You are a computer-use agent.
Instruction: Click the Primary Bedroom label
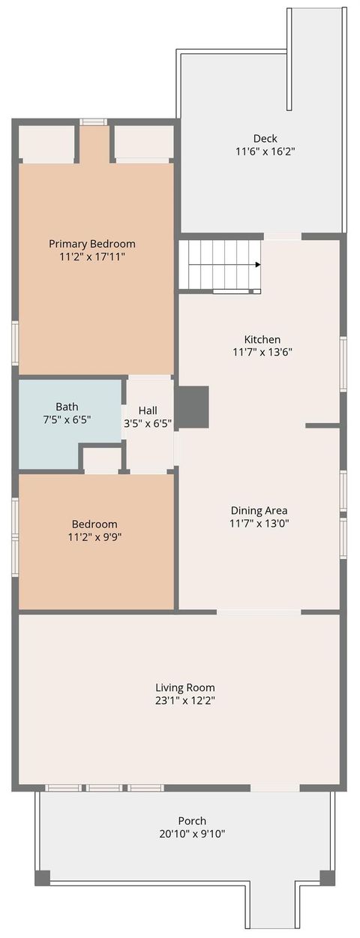[92, 244]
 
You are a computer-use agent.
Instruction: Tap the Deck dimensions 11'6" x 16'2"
[265, 152]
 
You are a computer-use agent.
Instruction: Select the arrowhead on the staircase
[257, 264]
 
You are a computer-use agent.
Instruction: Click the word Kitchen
[262, 339]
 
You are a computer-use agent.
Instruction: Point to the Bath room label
[67, 407]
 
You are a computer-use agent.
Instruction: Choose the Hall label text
[148, 410]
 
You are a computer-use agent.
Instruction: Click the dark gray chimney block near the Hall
[192, 407]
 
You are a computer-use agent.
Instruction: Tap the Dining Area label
[259, 511]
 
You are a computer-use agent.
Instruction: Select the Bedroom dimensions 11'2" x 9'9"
[94, 537]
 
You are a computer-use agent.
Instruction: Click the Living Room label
[185, 687]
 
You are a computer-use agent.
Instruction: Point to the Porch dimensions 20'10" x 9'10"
[192, 834]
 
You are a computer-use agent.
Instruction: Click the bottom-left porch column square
[43, 877]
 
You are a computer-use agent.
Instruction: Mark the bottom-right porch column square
[328, 877]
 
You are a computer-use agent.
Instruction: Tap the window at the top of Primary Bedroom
[94, 122]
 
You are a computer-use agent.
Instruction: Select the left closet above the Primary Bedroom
[46, 143]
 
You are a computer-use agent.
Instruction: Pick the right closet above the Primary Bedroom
[143, 143]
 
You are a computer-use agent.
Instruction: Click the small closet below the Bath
[101, 459]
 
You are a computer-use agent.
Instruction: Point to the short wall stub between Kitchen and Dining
[322, 425]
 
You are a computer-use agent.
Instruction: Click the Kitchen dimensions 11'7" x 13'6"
[262, 352]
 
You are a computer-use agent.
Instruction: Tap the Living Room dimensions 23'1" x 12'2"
[185, 701]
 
